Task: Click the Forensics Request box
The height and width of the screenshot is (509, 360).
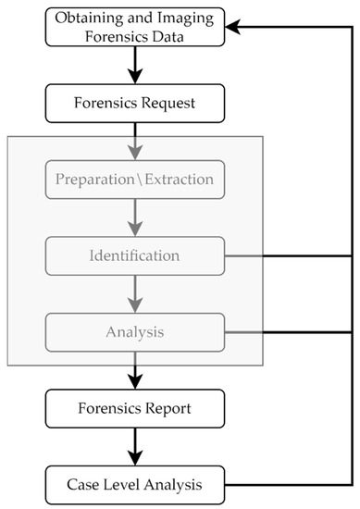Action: pos(136,103)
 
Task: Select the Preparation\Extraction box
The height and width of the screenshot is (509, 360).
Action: pos(136,177)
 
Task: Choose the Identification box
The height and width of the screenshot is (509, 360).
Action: pos(136,254)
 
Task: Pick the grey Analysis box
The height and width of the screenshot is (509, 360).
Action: pos(136,329)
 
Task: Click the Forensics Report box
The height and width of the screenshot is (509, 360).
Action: pos(136,406)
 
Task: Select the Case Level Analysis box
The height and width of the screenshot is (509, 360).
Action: pos(136,482)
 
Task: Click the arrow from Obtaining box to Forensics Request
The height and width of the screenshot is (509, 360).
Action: pos(136,65)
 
